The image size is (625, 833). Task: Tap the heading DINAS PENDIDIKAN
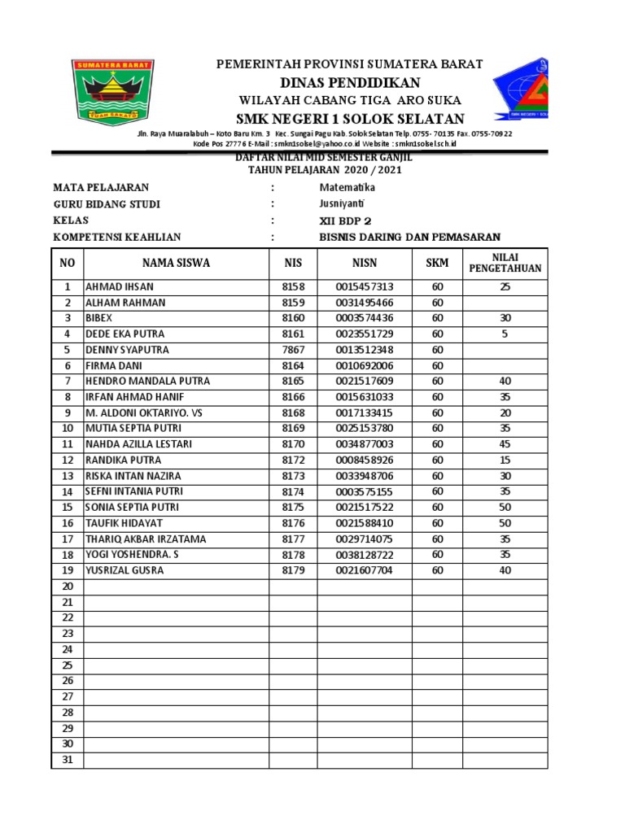pos(350,82)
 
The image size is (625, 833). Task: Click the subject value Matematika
pos(347,188)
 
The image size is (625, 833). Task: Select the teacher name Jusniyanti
pos(342,204)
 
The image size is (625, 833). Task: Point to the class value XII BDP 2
pos(346,220)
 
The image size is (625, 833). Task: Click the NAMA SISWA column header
pos(176,263)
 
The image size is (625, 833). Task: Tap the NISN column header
pos(364,263)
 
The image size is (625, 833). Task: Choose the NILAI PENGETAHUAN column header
pos(505,263)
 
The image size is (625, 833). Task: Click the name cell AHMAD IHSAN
pos(120,287)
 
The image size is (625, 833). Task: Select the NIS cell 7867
pos(293,350)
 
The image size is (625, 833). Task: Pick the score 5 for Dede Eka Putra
pos(505,334)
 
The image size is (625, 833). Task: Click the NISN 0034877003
pos(364,444)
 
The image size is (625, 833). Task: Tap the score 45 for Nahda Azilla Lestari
pos(505,444)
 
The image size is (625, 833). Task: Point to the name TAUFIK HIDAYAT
pos(125,523)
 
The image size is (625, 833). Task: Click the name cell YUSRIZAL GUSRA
pos(125,570)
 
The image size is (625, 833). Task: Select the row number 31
pos(68,760)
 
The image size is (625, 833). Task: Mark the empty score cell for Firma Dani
pos(505,366)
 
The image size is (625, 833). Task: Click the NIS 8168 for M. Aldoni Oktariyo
pos(293,413)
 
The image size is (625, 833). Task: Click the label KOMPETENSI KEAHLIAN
pos(117,237)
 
